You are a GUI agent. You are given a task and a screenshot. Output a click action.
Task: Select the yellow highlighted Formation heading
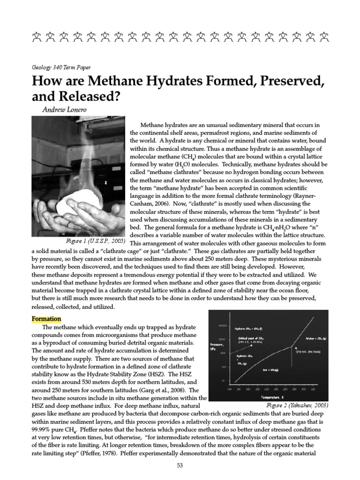46,319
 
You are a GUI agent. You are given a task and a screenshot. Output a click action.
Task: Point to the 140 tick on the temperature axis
229,389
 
